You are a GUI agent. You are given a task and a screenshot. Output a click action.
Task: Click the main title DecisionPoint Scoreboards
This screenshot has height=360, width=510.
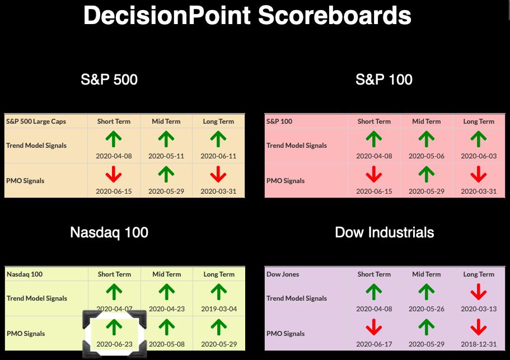[x=247, y=15]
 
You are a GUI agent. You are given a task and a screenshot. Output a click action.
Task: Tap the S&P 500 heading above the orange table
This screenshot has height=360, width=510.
[x=109, y=80]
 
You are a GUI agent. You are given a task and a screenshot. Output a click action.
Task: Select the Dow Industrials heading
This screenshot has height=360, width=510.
[x=385, y=232]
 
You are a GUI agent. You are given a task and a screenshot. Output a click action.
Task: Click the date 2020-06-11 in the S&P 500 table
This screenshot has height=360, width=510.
[x=218, y=156]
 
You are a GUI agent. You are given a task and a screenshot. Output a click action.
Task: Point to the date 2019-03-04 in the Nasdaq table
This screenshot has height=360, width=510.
[x=219, y=308]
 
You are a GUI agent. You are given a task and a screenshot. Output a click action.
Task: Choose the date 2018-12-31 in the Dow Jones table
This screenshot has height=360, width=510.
[x=479, y=344]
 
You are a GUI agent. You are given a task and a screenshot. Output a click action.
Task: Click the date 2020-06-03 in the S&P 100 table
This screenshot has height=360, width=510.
[x=479, y=156]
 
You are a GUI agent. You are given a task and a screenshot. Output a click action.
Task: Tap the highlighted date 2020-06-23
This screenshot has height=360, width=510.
[x=115, y=344]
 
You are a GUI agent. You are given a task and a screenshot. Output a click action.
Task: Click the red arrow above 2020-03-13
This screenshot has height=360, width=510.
[x=479, y=292]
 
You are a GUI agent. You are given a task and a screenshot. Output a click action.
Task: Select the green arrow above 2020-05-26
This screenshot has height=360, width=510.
[x=427, y=292]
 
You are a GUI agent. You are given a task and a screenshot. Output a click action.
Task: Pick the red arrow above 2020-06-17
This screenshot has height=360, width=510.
[x=374, y=327]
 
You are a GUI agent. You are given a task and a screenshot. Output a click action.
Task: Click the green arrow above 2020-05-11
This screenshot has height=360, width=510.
[x=166, y=139]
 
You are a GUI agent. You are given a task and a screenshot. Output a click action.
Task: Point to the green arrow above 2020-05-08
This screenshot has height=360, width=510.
[x=166, y=327]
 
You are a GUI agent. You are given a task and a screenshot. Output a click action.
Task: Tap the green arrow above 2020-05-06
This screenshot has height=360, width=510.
[x=427, y=139]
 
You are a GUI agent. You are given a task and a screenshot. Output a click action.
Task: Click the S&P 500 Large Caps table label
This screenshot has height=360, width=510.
[x=36, y=121]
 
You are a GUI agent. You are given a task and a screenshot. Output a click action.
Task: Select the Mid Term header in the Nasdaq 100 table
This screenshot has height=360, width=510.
[x=166, y=274]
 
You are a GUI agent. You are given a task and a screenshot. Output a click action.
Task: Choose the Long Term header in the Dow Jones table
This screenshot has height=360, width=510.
[x=479, y=274]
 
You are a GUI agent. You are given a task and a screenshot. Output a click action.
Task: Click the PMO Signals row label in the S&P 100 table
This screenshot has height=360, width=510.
[x=286, y=181]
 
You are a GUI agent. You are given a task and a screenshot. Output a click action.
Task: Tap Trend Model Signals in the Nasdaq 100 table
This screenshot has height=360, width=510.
[x=37, y=298]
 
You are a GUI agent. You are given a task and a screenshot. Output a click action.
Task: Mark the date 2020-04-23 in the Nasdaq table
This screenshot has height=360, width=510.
[x=167, y=308]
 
